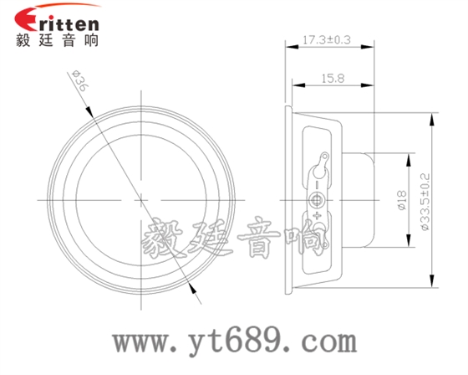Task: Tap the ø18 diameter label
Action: coord(400,201)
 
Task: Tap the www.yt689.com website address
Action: coord(233,342)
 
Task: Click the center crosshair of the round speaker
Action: coord(141,199)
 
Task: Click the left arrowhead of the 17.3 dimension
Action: coord(289,47)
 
